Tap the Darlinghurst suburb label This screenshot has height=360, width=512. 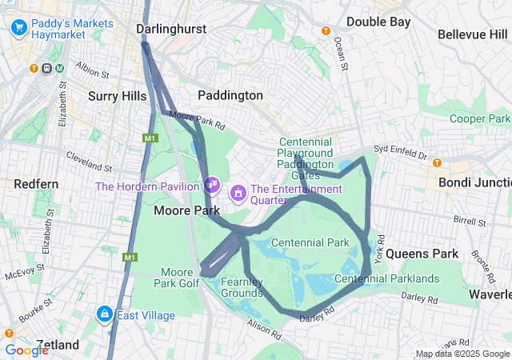tap(171, 29)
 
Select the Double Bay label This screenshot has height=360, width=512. tap(378, 22)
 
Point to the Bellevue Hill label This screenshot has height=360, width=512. tap(473, 34)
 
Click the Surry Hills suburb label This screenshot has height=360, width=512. tap(117, 96)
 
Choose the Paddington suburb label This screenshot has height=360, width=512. tap(230, 95)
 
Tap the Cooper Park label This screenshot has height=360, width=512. tap(479, 118)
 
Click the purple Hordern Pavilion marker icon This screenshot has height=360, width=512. tap(212, 185)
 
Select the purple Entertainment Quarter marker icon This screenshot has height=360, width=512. tap(238, 193)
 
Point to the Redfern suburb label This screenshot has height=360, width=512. tap(36, 184)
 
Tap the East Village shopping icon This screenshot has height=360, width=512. tap(105, 314)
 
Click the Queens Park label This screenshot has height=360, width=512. tap(422, 254)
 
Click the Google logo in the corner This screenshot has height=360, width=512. tap(26, 350)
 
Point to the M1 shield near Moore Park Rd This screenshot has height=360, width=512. tap(149, 138)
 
